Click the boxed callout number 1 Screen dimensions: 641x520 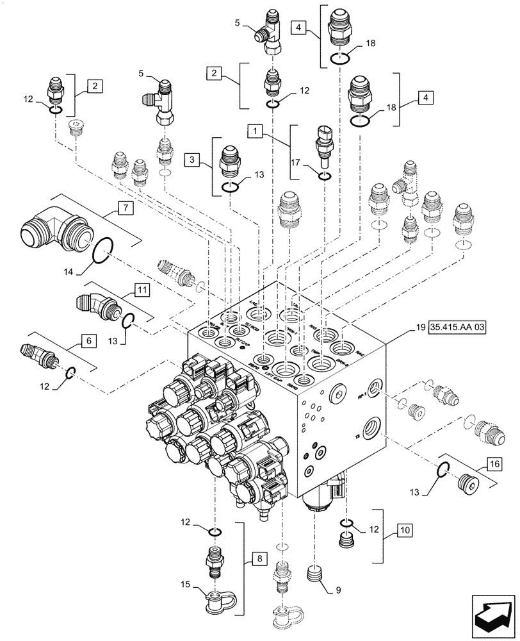tap(256, 131)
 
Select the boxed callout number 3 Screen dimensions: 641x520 tap(190, 158)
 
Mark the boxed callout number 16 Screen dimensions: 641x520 tap(493, 463)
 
